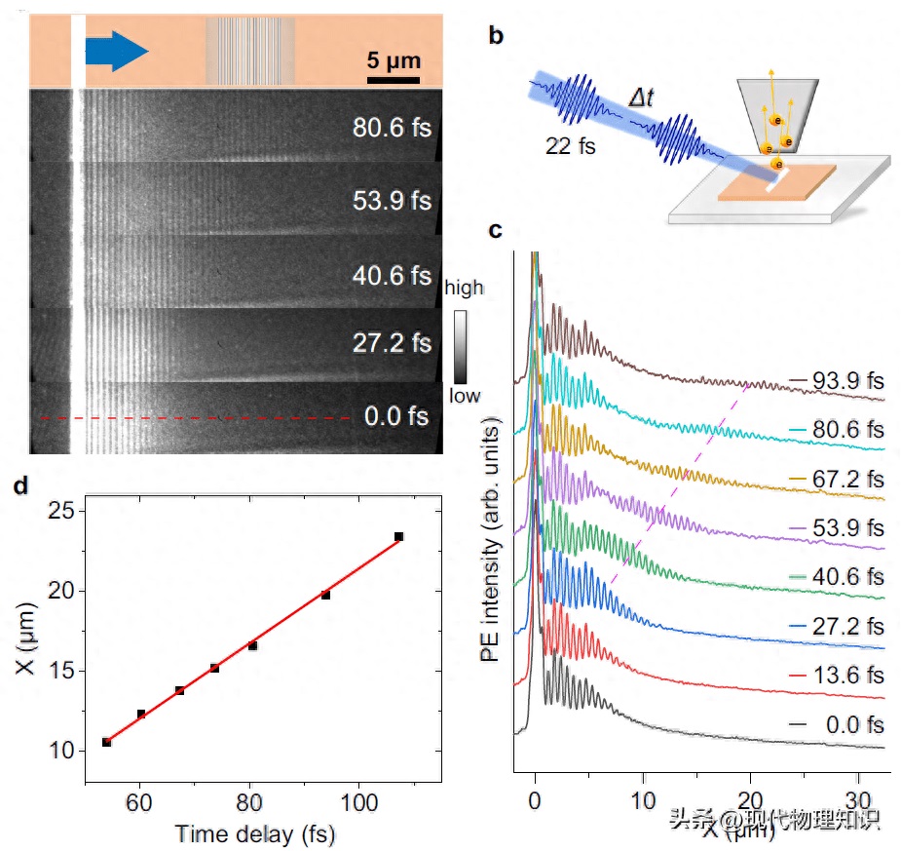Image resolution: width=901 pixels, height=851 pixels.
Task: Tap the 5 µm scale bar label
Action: tap(394, 60)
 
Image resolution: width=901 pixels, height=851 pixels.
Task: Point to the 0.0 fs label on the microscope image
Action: tap(396, 416)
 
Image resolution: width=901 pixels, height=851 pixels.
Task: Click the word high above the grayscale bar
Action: tap(464, 288)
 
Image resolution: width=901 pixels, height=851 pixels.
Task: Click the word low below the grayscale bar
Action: tap(464, 396)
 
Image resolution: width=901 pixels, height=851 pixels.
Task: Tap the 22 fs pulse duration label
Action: tap(571, 148)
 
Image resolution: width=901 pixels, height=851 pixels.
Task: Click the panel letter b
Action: tap(496, 37)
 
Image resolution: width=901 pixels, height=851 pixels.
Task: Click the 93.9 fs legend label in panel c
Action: tap(845, 382)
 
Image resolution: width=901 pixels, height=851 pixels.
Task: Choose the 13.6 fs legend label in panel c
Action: tap(845, 676)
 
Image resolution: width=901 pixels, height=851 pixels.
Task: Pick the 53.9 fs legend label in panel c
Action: tap(845, 528)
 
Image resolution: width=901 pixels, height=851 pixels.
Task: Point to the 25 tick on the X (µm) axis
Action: tap(61, 511)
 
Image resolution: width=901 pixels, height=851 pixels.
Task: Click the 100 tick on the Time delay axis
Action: tap(358, 803)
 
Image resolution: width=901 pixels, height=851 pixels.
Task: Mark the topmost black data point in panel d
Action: tap(398, 536)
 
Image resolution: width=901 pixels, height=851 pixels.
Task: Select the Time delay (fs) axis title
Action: tap(256, 834)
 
